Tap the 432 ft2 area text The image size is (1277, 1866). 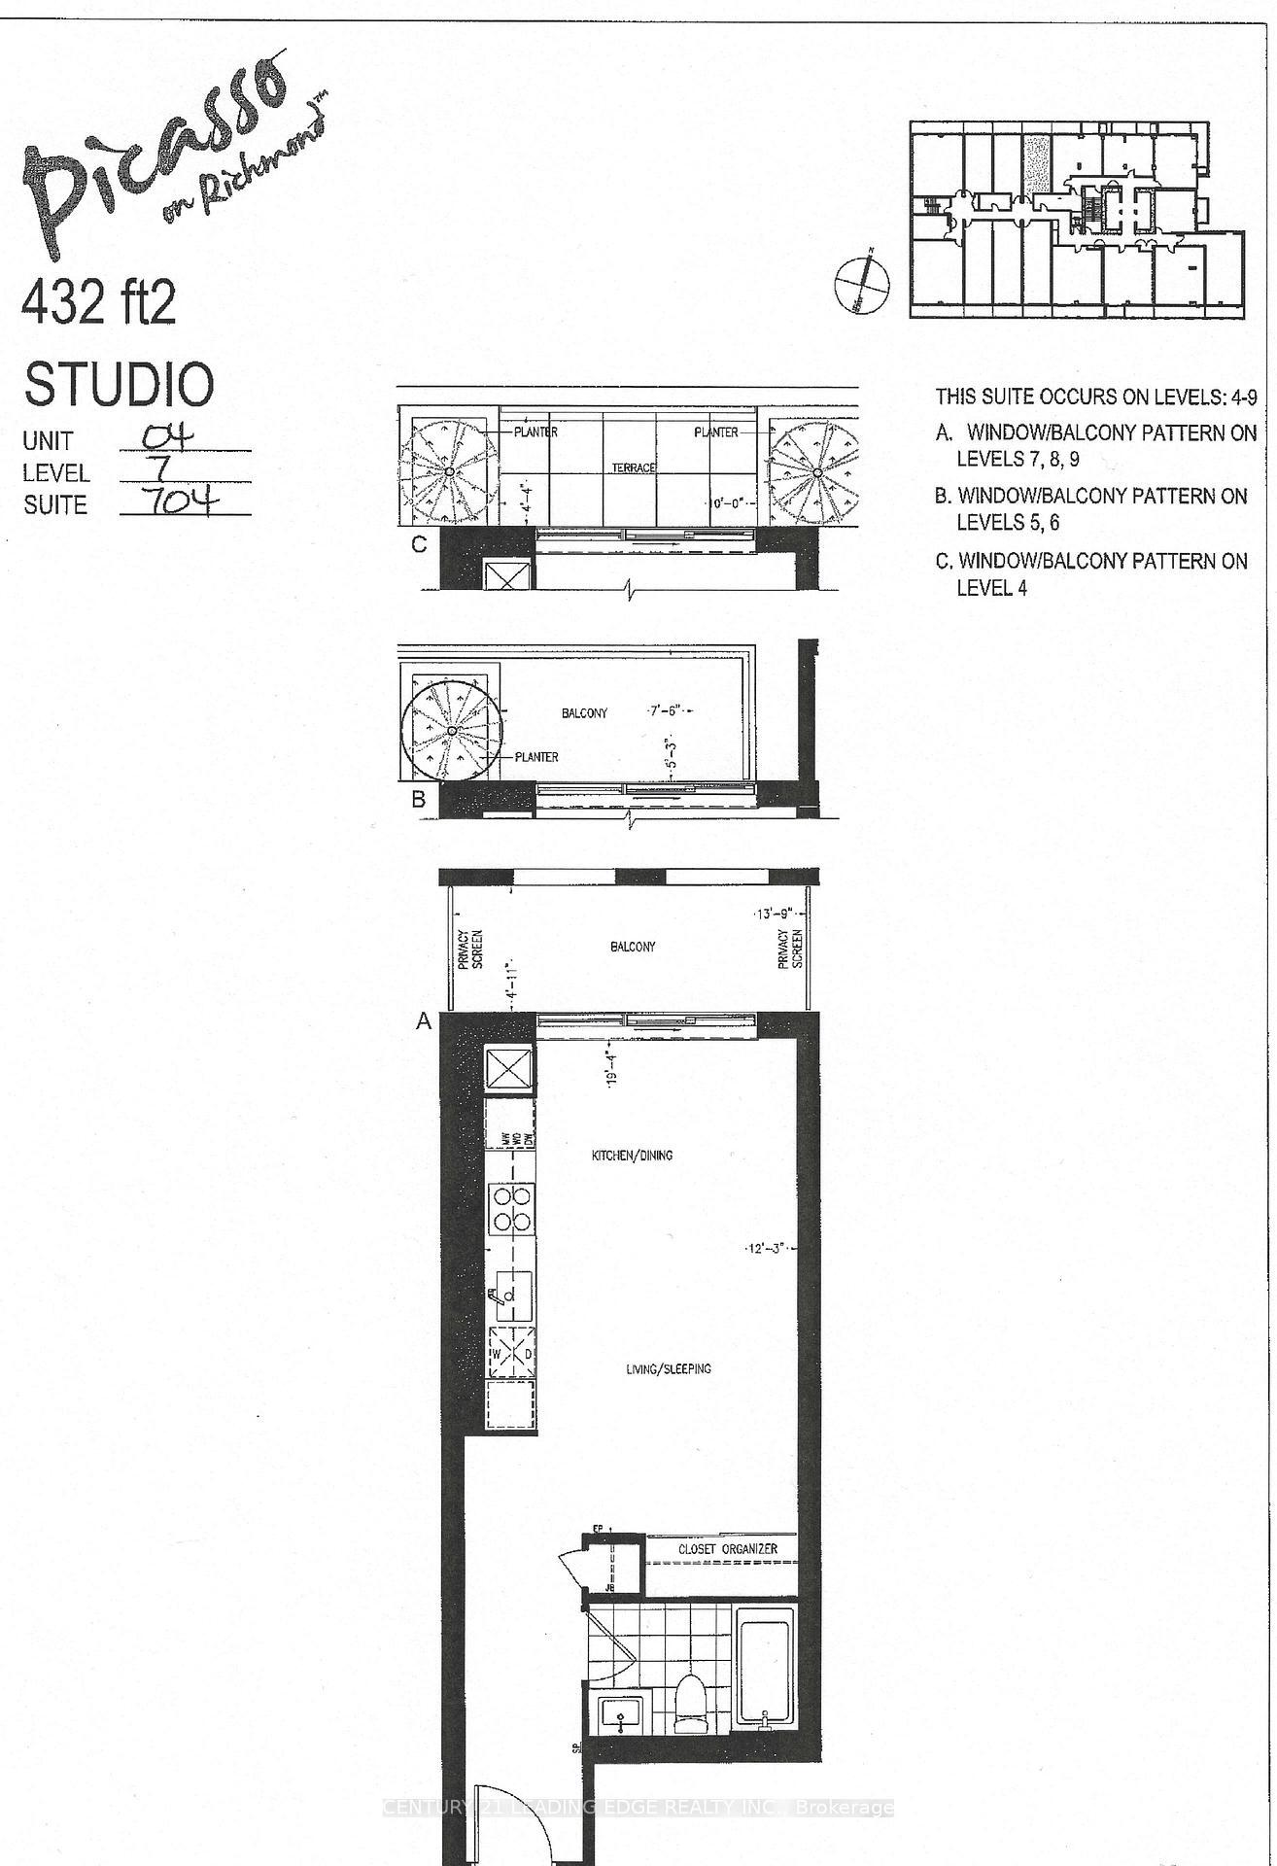tap(99, 305)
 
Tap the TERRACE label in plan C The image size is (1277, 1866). tap(634, 467)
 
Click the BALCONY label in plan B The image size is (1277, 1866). tap(584, 712)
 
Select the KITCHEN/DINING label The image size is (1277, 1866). tap(632, 1156)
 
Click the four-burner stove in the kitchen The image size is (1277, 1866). tap(511, 1208)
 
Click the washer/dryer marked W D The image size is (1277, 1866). tap(511, 1352)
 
